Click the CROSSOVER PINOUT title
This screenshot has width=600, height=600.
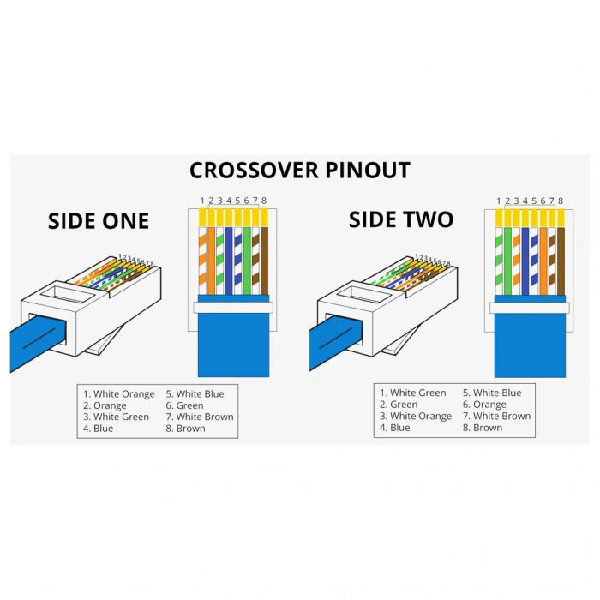point(299,170)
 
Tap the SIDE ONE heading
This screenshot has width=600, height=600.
point(99,220)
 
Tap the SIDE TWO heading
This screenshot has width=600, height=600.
point(400,219)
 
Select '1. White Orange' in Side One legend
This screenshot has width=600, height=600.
point(119,394)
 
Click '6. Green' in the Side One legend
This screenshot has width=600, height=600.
point(184,405)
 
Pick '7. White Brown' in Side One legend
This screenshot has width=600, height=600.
point(199,417)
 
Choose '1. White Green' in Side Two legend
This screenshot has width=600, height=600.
point(413,393)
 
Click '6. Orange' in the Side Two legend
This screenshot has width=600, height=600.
point(484,405)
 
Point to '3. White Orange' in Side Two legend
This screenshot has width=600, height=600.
point(416,416)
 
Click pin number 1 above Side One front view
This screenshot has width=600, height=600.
point(202,201)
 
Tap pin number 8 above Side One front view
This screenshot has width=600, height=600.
point(264,201)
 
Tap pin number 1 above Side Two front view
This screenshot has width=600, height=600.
point(499,201)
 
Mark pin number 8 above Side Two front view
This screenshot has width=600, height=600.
point(561,201)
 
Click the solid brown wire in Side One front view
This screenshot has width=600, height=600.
point(264,257)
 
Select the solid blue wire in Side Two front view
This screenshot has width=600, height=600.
point(525,257)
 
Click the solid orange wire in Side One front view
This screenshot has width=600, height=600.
point(211,257)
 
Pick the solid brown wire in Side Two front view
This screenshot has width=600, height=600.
point(561,257)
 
